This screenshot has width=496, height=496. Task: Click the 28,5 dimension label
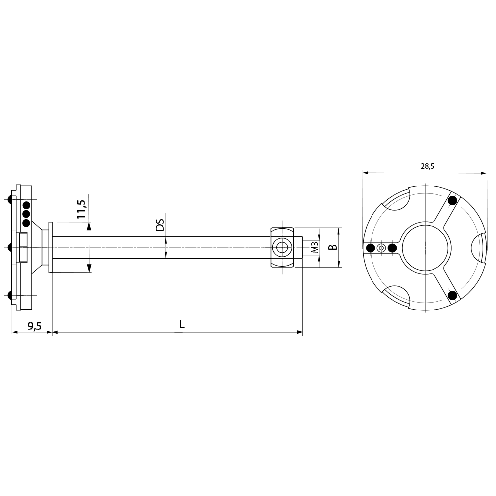(427, 166)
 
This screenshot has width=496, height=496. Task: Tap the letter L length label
(182, 325)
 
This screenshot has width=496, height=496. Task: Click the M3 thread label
(314, 247)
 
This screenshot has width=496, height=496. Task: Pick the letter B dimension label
(333, 247)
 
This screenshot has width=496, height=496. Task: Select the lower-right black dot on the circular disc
(452, 295)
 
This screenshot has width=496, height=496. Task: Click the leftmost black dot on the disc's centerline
(370, 248)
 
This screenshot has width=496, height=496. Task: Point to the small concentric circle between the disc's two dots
(381, 248)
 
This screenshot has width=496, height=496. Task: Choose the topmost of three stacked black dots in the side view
(26, 205)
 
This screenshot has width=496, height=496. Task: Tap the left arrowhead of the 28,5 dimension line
(366, 173)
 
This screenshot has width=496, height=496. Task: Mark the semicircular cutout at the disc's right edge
(478, 248)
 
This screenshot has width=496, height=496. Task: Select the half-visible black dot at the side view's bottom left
(10, 295)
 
